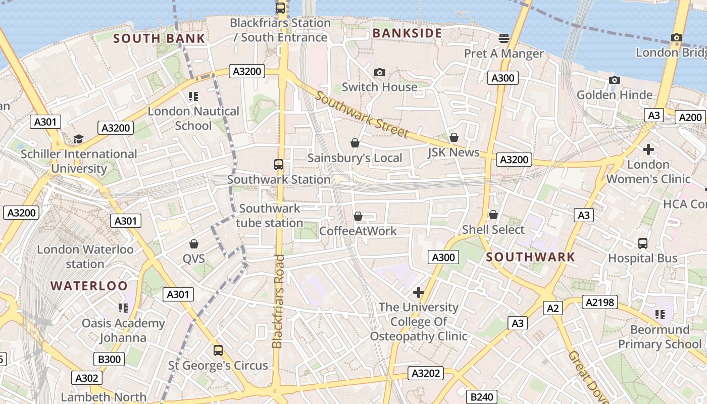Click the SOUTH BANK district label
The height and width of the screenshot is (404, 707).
click(159, 38)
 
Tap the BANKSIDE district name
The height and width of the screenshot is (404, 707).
click(407, 33)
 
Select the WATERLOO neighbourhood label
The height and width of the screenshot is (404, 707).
click(89, 285)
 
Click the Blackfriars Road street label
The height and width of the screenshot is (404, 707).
click(278, 301)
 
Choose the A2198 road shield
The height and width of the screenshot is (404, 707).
click(600, 302)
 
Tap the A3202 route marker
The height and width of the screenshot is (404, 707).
click(426, 374)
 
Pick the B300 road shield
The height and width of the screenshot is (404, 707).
click(109, 359)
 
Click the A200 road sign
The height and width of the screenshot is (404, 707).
click(690, 117)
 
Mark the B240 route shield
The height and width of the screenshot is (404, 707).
click(481, 397)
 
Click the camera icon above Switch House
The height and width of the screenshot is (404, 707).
click(380, 73)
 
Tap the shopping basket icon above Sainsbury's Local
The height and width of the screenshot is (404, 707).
click(355, 143)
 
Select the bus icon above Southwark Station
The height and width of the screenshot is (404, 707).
click(278, 164)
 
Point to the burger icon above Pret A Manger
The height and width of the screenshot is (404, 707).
click(503, 38)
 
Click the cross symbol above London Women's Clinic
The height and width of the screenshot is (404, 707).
click(648, 149)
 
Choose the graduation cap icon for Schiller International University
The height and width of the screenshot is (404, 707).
click(78, 139)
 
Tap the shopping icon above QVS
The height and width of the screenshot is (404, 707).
click(193, 244)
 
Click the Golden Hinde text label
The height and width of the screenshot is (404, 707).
click(615, 95)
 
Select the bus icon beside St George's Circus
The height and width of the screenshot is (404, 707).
click(218, 350)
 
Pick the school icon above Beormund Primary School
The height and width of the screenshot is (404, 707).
click(660, 315)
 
